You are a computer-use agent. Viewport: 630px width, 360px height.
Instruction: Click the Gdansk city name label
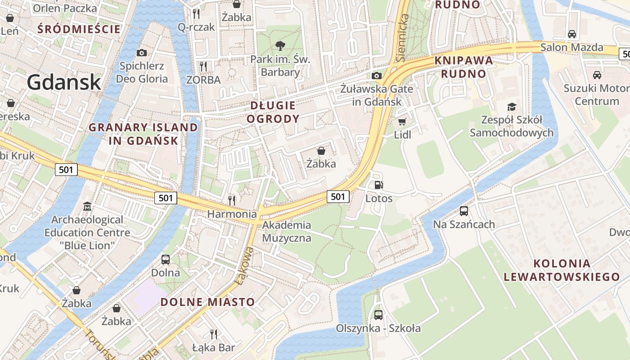63,82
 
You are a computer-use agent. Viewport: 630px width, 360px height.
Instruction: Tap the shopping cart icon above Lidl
402,121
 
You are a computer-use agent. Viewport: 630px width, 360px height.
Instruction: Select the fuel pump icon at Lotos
379,184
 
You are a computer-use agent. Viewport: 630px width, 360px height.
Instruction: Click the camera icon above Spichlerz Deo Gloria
141,53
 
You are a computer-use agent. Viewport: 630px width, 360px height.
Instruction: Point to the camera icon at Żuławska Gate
377,76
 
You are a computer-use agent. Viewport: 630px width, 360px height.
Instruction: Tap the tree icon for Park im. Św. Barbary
280,45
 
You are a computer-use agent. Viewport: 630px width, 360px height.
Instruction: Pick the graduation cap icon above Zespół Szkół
512,107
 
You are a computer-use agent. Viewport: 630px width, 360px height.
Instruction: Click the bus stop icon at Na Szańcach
463,211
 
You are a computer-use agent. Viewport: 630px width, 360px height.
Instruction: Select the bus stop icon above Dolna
166,259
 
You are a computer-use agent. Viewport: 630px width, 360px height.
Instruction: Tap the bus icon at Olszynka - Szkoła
378,315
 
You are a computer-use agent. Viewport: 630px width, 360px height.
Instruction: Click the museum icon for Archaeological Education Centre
87,207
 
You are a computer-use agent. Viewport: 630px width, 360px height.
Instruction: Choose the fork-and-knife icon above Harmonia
232,200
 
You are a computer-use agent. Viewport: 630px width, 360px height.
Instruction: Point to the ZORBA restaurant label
203,80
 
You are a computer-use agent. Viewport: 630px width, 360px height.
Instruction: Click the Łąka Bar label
213,347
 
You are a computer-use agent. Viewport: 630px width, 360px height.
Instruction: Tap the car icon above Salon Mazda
571,34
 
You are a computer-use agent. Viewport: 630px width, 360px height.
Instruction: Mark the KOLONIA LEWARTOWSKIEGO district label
561,270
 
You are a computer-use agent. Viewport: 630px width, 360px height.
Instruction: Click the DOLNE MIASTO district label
207,302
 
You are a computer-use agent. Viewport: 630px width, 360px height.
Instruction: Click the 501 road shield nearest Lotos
338,196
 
